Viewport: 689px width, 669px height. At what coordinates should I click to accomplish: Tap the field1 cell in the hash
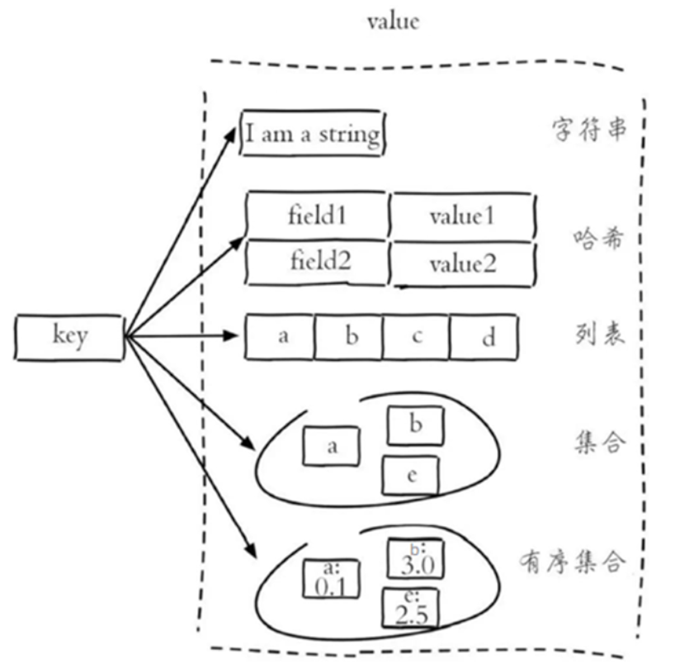pyautogui.click(x=318, y=216)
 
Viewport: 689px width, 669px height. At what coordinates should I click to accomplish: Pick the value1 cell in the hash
pyautogui.click(x=462, y=216)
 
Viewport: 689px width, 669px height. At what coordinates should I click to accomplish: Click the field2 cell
pyautogui.click(x=320, y=262)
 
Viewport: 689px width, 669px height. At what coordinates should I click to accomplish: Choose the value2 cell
pyautogui.click(x=462, y=264)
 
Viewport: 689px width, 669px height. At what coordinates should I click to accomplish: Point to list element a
pyautogui.click(x=281, y=337)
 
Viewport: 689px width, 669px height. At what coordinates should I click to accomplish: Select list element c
pyautogui.click(x=417, y=337)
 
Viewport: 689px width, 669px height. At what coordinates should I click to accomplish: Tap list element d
pyautogui.click(x=485, y=337)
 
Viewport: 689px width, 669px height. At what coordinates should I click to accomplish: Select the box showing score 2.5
pyautogui.click(x=410, y=609)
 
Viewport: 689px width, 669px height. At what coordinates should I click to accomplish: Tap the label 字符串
pyautogui.click(x=588, y=130)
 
